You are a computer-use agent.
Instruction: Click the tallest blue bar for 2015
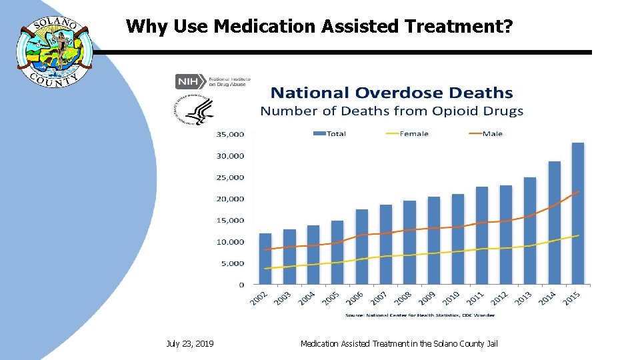click(x=577, y=213)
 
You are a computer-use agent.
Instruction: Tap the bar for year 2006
click(x=361, y=247)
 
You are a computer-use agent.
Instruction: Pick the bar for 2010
click(x=457, y=239)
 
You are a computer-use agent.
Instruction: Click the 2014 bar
click(x=554, y=223)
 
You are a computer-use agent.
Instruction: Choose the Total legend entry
click(x=329, y=133)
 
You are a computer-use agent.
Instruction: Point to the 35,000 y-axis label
click(x=231, y=134)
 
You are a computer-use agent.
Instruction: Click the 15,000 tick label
click(x=231, y=220)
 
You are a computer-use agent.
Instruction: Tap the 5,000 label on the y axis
click(x=233, y=263)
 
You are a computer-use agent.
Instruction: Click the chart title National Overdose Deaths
click(x=391, y=93)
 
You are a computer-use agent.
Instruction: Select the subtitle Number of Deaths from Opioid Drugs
click(x=391, y=111)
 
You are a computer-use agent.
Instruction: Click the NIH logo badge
click(x=187, y=81)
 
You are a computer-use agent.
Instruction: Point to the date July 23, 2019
click(x=190, y=343)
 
